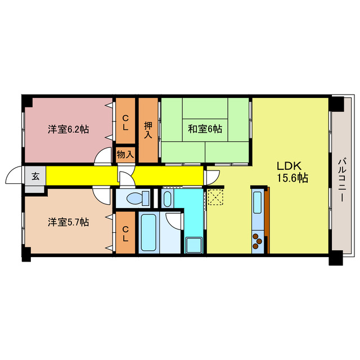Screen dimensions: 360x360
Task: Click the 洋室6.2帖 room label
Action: click(67, 129)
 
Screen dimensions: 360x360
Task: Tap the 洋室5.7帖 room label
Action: click(67, 222)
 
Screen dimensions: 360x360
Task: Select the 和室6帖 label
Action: click(205, 129)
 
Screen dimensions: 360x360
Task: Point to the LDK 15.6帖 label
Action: click(290, 172)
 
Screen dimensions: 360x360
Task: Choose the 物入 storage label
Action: click(125, 154)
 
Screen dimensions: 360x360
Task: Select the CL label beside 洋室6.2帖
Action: click(125, 122)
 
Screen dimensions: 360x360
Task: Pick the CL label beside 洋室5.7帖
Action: click(125, 233)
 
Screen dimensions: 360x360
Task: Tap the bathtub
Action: click(150, 232)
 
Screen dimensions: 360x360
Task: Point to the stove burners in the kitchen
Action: click(257, 240)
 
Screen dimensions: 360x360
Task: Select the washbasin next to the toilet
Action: click(167, 198)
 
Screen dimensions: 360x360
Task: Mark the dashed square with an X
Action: click(215, 197)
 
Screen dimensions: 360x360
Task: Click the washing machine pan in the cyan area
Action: click(192, 246)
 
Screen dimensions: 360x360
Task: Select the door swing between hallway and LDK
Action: click(211, 176)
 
